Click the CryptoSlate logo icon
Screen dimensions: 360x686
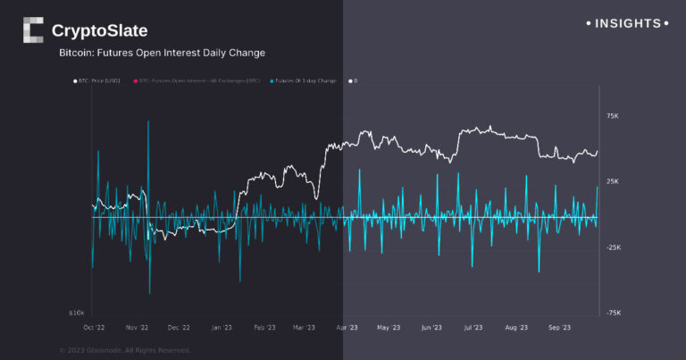coord(33,30)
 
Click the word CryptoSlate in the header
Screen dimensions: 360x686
coord(99,31)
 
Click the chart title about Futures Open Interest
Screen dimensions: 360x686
coord(162,54)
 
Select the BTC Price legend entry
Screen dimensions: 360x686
coord(99,81)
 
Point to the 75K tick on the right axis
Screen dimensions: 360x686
coord(613,116)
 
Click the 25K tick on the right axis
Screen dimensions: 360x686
coord(613,182)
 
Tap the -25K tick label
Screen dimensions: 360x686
coord(612,247)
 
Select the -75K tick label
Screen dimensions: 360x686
coord(612,314)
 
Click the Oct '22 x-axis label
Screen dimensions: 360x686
coord(94,328)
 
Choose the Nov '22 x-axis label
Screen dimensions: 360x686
coord(138,328)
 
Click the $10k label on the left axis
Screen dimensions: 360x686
coord(77,314)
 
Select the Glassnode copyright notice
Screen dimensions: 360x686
coord(125,350)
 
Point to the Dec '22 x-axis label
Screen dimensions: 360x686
coord(178,328)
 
